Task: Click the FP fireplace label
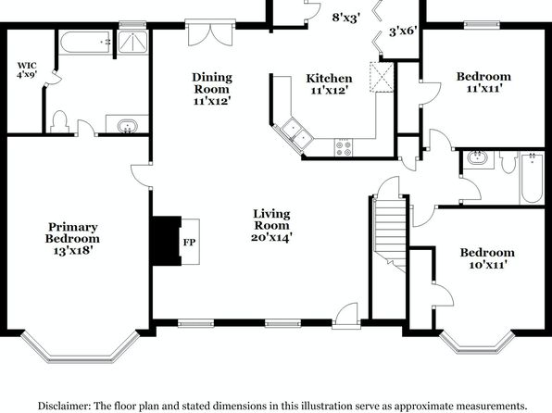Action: click(x=189, y=243)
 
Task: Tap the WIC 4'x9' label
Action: click(x=27, y=69)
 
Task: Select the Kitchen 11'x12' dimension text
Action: click(x=329, y=91)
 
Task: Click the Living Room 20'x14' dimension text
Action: click(x=271, y=237)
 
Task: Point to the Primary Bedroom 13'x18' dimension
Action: click(x=72, y=250)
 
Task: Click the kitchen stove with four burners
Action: click(x=344, y=147)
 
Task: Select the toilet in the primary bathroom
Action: click(x=59, y=122)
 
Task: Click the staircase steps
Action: click(x=390, y=232)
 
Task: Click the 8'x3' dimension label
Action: click(x=345, y=18)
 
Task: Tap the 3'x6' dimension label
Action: click(x=403, y=31)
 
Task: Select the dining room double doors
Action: click(x=210, y=32)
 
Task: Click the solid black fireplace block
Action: click(x=167, y=241)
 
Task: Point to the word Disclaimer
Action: click(x=64, y=406)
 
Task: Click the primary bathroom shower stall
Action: click(x=132, y=43)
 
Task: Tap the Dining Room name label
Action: click(x=212, y=83)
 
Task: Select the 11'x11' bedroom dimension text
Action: click(x=483, y=88)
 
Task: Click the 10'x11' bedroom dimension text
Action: click(x=487, y=265)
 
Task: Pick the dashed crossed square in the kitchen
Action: click(x=382, y=77)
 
